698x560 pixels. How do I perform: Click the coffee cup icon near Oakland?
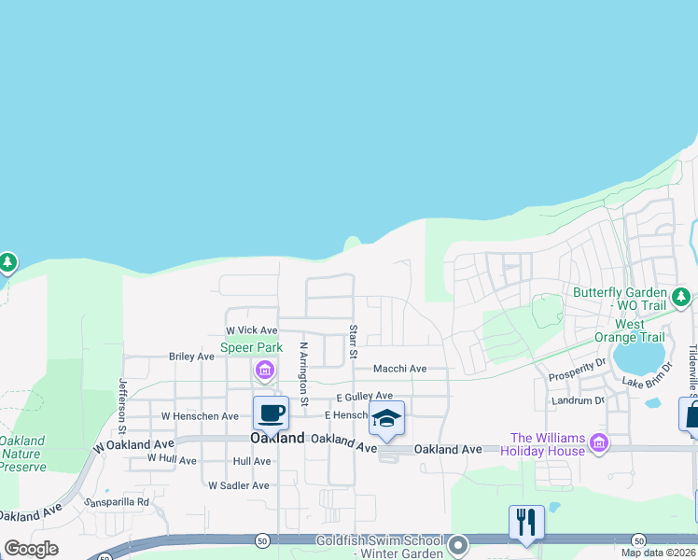[x=271, y=413]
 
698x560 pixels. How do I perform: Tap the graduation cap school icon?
[x=386, y=418]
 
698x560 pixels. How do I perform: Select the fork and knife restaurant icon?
[x=526, y=522]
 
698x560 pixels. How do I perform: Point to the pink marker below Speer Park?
[x=265, y=371]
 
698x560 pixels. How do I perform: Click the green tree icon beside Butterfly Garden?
[x=682, y=298]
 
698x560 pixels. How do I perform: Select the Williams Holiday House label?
[x=548, y=445]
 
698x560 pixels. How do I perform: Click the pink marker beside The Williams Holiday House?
[x=599, y=442]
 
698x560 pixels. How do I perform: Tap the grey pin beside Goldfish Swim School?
[x=457, y=544]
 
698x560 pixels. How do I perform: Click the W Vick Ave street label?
[x=252, y=330]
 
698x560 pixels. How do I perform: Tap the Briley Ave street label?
[x=191, y=357]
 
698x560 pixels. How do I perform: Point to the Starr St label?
[x=354, y=342]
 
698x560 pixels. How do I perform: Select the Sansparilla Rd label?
[x=117, y=502]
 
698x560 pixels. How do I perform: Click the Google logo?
[x=31, y=549]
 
